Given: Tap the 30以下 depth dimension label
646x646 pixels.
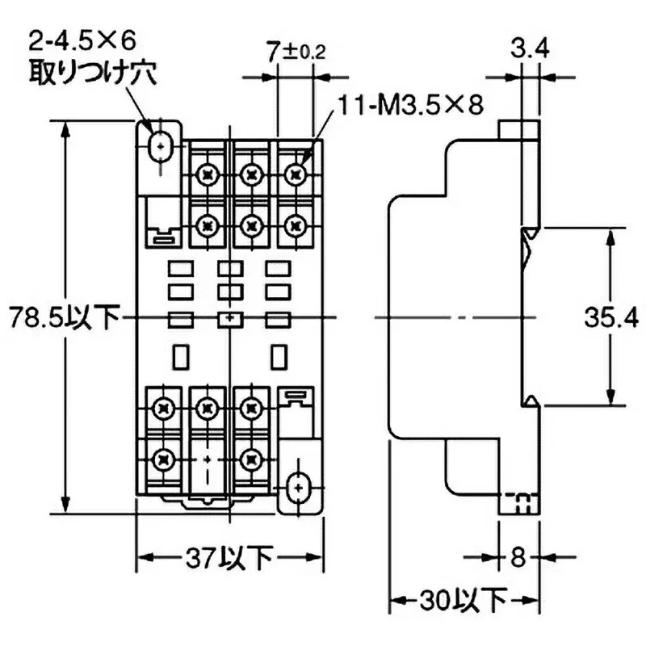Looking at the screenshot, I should click(x=463, y=601).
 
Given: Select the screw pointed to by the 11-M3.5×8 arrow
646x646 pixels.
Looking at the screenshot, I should click(x=296, y=172).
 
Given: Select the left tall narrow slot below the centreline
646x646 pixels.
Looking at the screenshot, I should click(x=182, y=354).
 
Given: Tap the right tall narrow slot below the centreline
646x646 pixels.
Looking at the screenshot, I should click(x=279, y=354).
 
